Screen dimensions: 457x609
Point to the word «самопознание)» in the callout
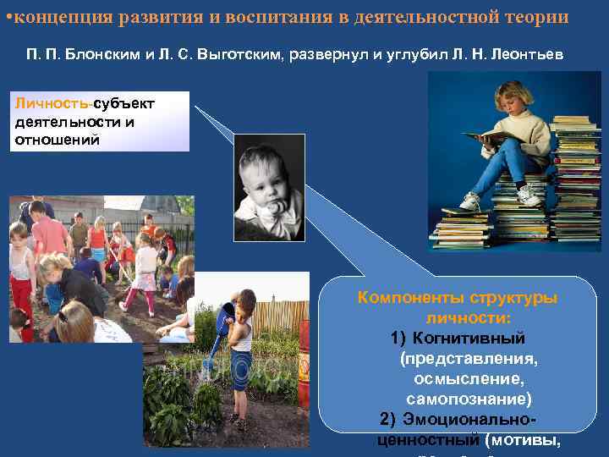click(x=469, y=398)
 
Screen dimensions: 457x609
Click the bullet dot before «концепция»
click(x=8, y=17)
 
